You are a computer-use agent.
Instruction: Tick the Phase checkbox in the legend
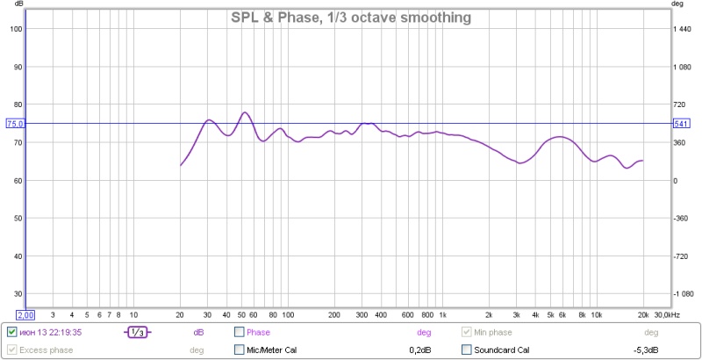[x=240, y=333]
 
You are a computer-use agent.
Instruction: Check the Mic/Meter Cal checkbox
[x=240, y=350]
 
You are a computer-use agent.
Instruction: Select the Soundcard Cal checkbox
[x=468, y=350]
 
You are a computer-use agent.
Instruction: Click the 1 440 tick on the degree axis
[x=682, y=29]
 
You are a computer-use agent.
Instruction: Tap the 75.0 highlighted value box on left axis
[x=15, y=124]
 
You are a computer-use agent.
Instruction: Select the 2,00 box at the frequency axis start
[x=25, y=314]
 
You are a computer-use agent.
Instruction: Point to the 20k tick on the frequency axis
[x=643, y=313]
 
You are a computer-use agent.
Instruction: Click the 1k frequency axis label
[x=441, y=313]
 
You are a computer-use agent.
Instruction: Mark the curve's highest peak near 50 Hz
[x=245, y=112]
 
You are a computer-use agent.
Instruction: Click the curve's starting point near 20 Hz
[x=181, y=165]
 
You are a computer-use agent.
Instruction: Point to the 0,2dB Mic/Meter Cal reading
[x=420, y=350]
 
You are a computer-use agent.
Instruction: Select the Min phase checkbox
[x=468, y=333]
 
